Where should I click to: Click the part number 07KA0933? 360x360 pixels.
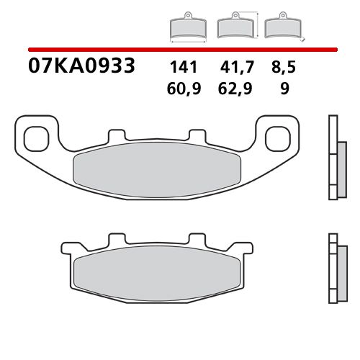pyautogui.click(x=81, y=67)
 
